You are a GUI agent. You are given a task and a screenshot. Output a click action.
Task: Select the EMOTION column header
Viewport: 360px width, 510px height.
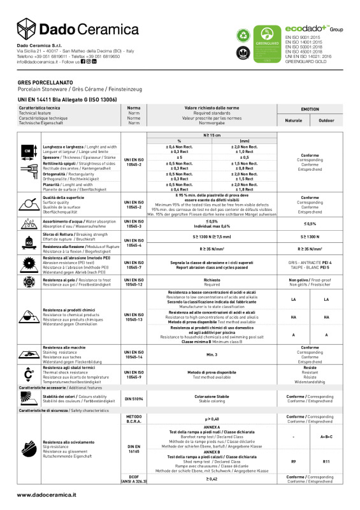[310, 110]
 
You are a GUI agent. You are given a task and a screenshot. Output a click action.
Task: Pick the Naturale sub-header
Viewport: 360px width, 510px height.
[294, 120]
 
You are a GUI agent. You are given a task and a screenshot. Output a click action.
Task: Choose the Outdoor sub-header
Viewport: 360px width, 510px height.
[326, 120]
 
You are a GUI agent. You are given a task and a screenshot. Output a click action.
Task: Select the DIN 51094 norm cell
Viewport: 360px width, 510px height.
[134, 398]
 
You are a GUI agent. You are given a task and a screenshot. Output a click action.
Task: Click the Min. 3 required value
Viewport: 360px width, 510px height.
[212, 353]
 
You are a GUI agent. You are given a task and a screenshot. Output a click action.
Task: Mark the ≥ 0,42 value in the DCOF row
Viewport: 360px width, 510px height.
[212, 496]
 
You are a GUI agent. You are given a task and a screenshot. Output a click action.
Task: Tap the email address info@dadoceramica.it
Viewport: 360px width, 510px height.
[38, 62]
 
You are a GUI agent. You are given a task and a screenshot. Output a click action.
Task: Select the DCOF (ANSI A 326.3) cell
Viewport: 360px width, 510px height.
[134, 496]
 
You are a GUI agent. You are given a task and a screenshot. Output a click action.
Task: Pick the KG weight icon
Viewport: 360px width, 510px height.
[29, 242]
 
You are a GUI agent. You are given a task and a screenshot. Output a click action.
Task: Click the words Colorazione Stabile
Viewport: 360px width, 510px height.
[212, 397]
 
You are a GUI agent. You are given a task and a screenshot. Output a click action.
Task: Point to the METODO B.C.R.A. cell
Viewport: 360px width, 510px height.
[134, 418]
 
